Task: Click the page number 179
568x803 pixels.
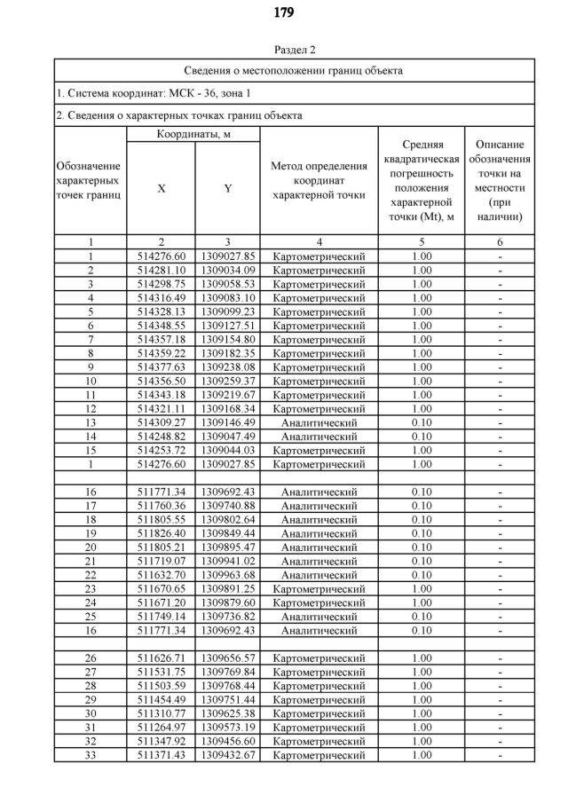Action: (x=283, y=12)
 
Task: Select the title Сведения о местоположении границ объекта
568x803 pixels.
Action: (x=294, y=70)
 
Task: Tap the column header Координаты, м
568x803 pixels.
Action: (x=193, y=134)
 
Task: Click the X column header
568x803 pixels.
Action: (x=161, y=188)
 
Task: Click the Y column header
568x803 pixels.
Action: (x=227, y=188)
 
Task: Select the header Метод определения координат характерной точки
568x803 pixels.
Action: (x=319, y=181)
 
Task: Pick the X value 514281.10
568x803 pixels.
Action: (x=161, y=270)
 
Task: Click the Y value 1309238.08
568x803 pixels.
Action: (x=227, y=366)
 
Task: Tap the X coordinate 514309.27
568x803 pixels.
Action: (x=161, y=422)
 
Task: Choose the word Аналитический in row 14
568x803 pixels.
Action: (x=319, y=437)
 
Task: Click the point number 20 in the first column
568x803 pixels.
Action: (x=91, y=547)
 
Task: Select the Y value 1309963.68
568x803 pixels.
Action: (x=227, y=575)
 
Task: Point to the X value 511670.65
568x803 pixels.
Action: (x=161, y=588)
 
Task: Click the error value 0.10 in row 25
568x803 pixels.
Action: (x=422, y=616)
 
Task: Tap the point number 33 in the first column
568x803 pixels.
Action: (x=91, y=754)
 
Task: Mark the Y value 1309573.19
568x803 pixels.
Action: (x=227, y=727)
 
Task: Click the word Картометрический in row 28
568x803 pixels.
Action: (x=319, y=686)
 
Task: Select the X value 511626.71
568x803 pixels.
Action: (x=161, y=658)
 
